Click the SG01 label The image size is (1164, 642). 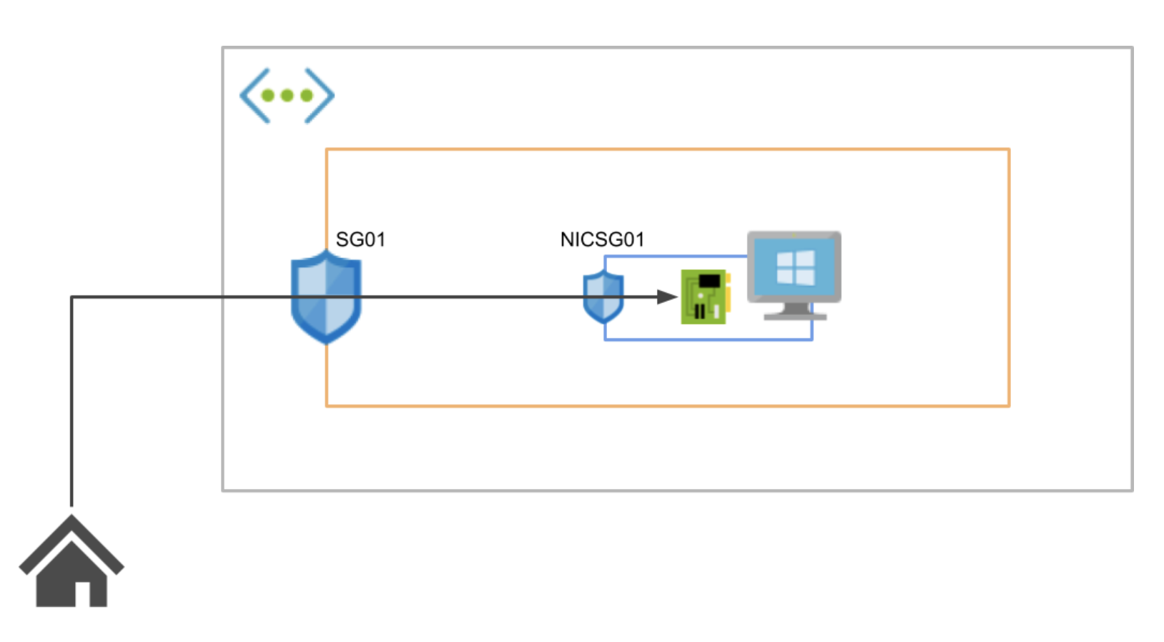(x=360, y=239)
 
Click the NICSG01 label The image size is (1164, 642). (x=602, y=239)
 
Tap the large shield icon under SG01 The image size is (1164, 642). (x=326, y=297)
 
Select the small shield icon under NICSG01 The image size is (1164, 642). (x=603, y=297)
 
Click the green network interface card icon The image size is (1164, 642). (x=705, y=297)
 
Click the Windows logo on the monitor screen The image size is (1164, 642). (x=795, y=268)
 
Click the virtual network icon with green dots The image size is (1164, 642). (x=287, y=96)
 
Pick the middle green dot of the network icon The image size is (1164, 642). (x=287, y=96)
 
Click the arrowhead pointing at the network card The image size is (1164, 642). (x=667, y=297)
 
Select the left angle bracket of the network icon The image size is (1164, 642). (x=254, y=96)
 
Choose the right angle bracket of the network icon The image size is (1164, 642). (x=320, y=96)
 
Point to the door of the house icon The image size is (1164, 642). (x=82, y=594)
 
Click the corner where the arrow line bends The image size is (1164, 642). (x=71, y=297)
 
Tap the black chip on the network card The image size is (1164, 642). (x=709, y=281)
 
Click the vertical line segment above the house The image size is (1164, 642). (x=71, y=400)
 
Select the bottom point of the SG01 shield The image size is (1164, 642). (x=326, y=342)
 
